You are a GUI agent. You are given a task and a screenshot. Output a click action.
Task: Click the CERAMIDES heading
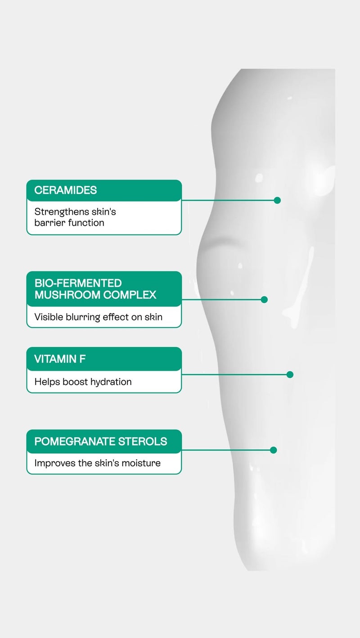tap(66, 190)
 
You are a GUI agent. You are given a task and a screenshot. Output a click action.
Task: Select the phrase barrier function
tap(69, 223)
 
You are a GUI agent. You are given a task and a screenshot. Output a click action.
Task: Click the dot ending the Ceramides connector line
tap(277, 200)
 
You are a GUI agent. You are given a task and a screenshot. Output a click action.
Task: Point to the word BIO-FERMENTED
tap(78, 283)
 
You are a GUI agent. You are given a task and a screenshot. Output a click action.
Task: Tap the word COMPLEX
tap(130, 295)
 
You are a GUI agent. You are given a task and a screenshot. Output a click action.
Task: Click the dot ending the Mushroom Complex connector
tap(264, 299)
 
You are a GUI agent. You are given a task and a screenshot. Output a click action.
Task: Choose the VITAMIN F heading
tap(60, 359)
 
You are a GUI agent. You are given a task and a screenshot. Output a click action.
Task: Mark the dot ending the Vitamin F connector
tap(290, 374)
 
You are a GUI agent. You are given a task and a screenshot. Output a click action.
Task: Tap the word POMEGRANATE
tap(75, 441)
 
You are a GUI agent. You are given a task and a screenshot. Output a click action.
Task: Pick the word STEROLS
tap(143, 441)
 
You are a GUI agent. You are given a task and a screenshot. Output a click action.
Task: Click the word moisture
tap(141, 463)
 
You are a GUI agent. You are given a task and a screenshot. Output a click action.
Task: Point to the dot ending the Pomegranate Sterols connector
tap(274, 450)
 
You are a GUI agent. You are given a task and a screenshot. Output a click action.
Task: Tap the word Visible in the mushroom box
tap(49, 317)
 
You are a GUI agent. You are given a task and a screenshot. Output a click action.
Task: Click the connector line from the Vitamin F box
tap(234, 374)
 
